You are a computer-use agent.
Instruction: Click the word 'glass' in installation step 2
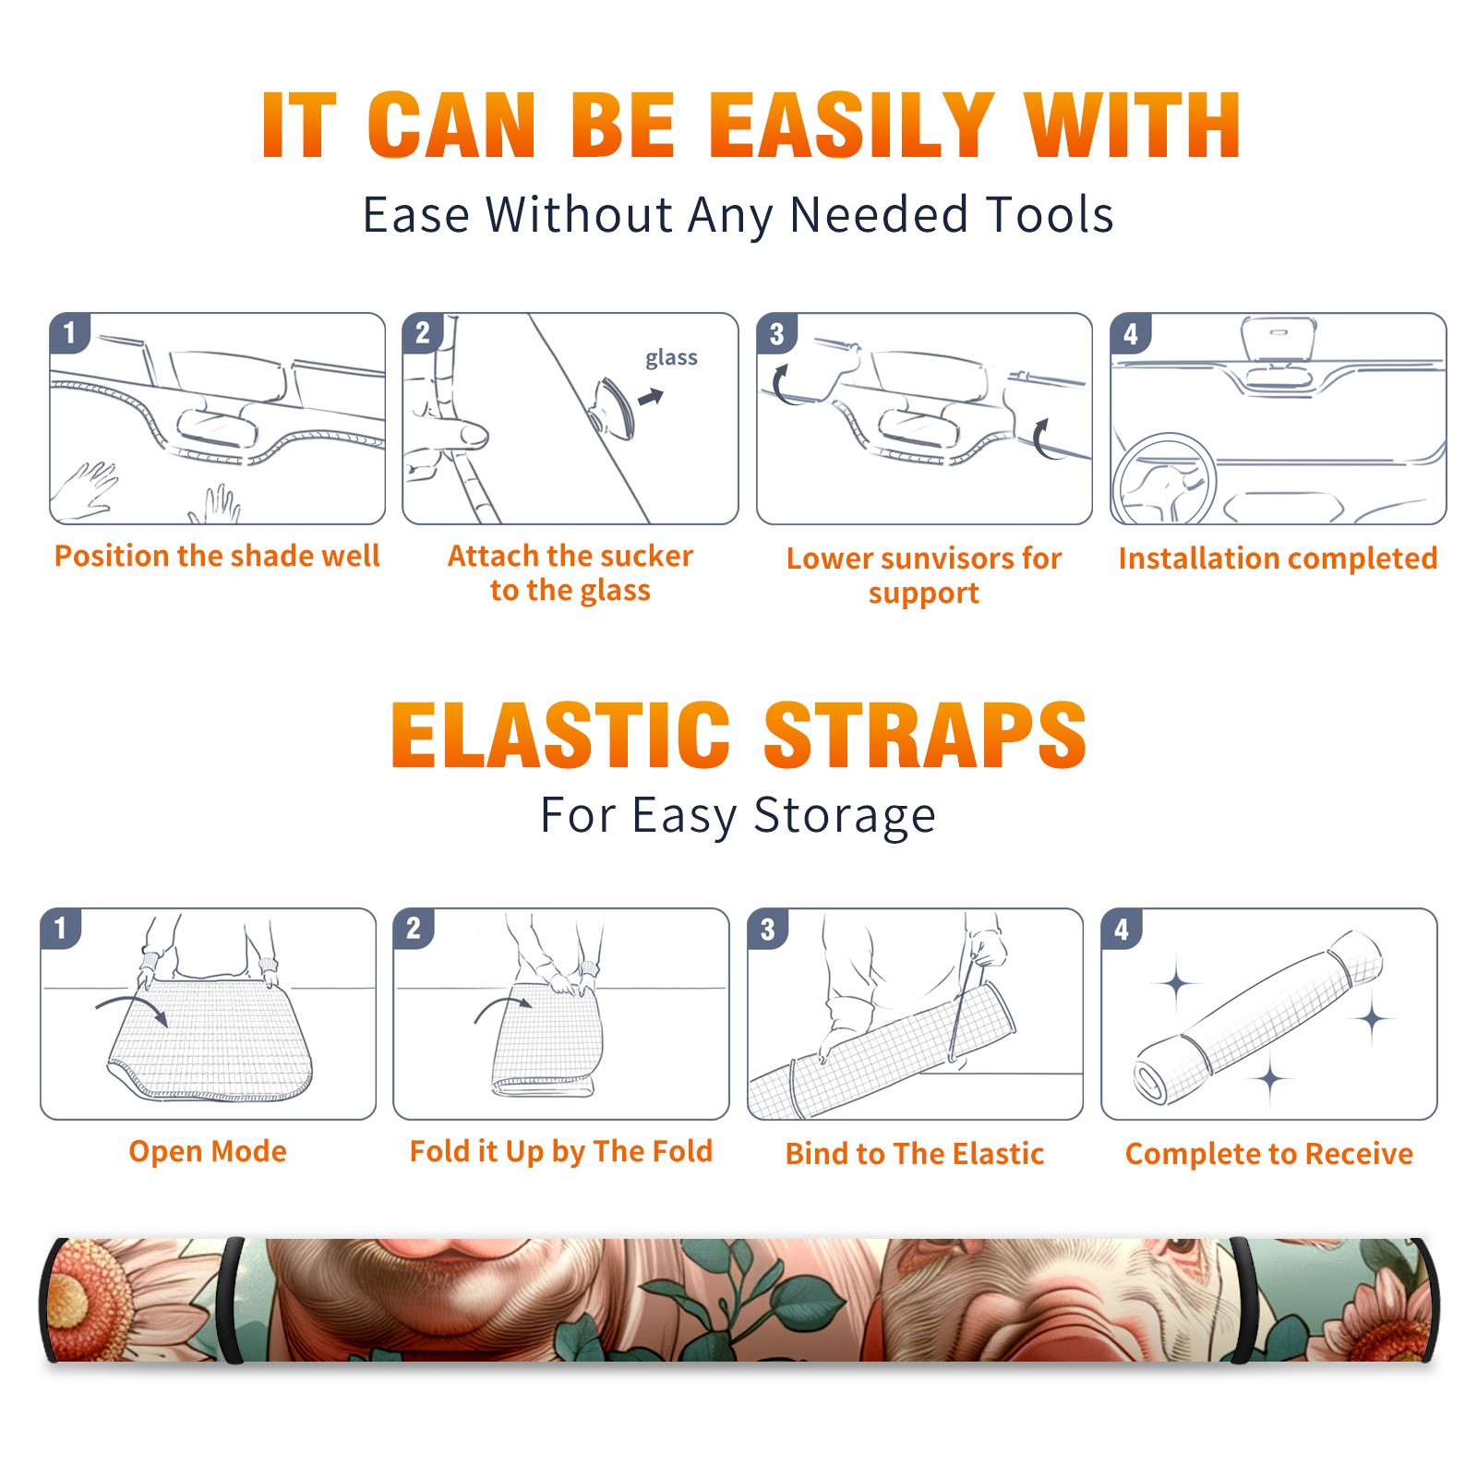click(x=671, y=358)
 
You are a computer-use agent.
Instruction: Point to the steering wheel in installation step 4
click(x=1163, y=479)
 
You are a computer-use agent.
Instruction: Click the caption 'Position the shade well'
click(x=217, y=556)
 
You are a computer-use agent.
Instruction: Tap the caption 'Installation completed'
click(x=1278, y=558)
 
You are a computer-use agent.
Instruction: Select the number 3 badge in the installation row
click(x=776, y=333)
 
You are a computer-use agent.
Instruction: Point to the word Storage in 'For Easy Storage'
click(x=845, y=816)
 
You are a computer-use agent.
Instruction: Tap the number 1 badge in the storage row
click(x=61, y=929)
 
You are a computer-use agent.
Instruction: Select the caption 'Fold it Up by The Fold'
click(x=561, y=1151)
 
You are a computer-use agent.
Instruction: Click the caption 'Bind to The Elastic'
click(x=915, y=1154)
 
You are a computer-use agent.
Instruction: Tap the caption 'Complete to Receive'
click(x=1269, y=1154)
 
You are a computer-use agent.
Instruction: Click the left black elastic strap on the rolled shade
click(x=231, y=1300)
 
